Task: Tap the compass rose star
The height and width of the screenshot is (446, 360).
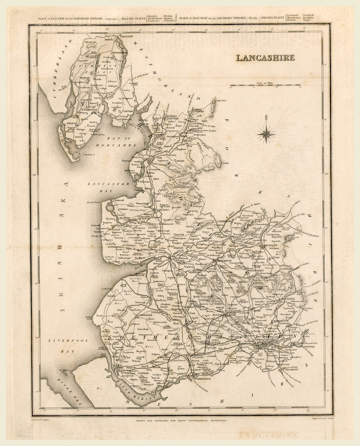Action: (x=266, y=133)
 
